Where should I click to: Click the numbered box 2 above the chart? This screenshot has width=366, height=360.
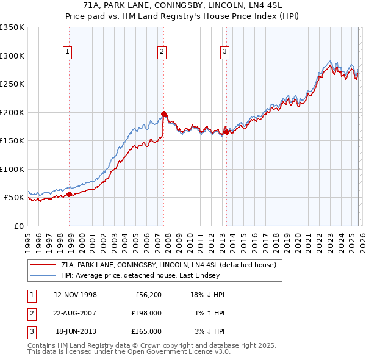tap(162, 52)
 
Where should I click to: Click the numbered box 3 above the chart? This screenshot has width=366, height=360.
tap(224, 52)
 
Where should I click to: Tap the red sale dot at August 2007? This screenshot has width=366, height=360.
tap(163, 113)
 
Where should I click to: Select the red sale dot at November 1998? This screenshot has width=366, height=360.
tap(69, 194)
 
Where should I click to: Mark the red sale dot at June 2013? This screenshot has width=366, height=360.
tap(226, 132)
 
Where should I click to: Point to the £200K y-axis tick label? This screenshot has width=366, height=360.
tap(12, 112)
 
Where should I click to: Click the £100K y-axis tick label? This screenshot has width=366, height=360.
tap(12, 169)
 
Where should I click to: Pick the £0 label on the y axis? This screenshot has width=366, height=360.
tap(18, 226)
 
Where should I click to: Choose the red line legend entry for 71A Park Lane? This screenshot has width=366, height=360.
tap(168, 265)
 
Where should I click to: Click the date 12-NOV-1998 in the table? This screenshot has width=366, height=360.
tap(75, 295)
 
